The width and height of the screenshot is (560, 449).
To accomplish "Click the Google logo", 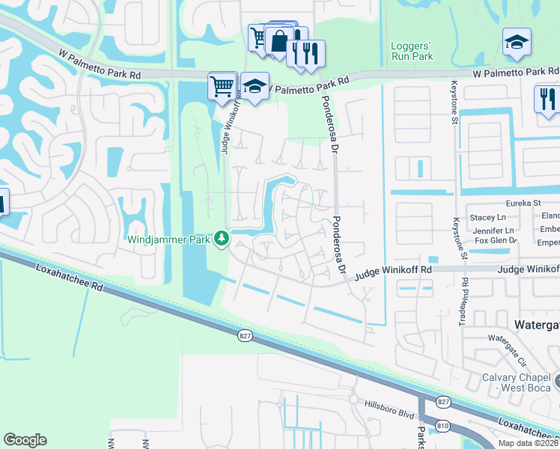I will pos(25,440).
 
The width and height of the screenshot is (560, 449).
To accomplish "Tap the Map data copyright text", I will pos(529,443).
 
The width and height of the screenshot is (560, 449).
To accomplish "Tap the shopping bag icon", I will pos(279,40).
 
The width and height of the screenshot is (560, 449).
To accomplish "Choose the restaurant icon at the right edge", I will pos(547,98).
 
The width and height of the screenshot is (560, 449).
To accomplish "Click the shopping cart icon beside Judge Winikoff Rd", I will pos(222,85).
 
